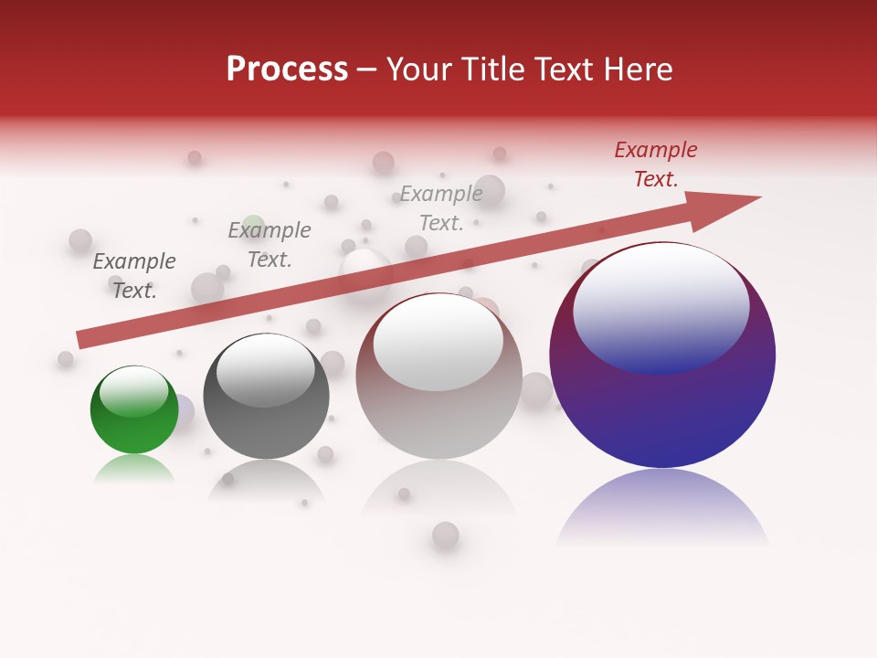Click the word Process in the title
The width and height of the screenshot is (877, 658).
point(287,69)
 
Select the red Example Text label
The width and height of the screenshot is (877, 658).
point(655,164)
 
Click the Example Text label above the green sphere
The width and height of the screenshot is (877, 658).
point(134,276)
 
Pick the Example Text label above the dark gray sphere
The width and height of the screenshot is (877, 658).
point(269,245)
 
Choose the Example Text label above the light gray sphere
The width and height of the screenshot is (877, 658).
point(441,208)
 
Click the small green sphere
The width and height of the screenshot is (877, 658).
point(134,425)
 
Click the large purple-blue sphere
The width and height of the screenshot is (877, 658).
point(662,411)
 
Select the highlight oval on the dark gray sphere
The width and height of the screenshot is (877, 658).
point(265,370)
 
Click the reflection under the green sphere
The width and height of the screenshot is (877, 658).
point(134,469)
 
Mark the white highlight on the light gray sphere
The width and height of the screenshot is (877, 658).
point(438,341)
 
